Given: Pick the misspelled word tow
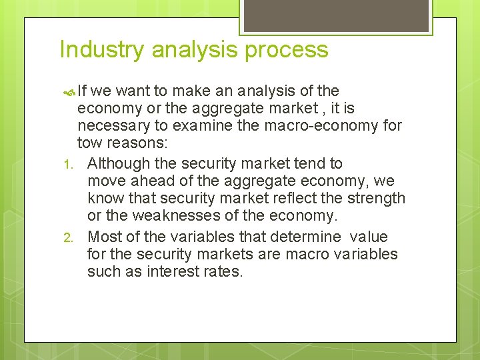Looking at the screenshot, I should pyautogui.click(x=89, y=143).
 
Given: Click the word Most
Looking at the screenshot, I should pyautogui.click(x=103, y=237).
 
